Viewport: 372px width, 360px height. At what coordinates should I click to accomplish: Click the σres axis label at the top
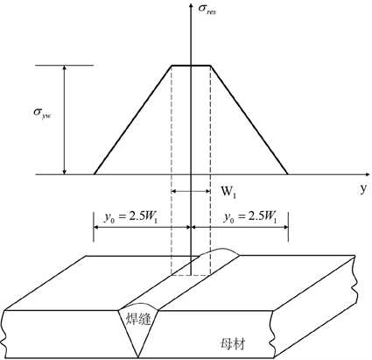pos(207,9)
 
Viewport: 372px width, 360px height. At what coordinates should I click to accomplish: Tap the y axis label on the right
pos(362,189)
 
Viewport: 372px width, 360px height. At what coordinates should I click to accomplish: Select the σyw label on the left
pos(42,114)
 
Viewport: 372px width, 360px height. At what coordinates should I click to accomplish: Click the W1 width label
pos(228,192)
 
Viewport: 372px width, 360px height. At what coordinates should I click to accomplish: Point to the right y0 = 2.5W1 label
pos(249,217)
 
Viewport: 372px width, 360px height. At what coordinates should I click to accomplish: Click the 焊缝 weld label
pos(138,319)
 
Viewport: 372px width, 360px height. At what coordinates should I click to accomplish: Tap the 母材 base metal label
pos(233,344)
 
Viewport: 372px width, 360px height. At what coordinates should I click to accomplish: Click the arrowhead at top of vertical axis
pos(191,6)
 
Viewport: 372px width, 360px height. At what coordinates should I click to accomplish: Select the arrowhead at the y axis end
pos(367,174)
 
